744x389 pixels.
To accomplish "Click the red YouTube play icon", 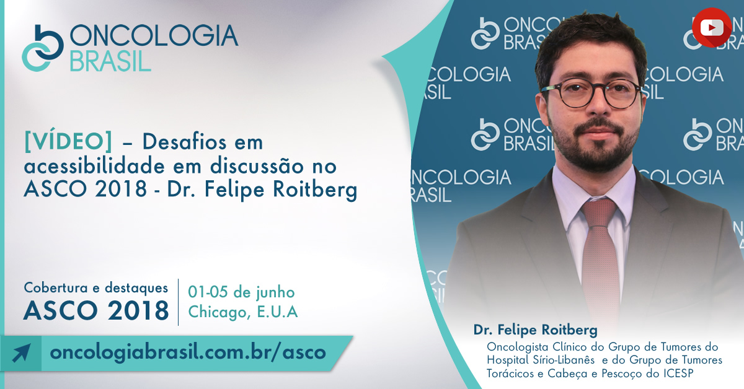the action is tap(712, 27).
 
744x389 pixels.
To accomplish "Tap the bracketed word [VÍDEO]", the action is tap(68, 142).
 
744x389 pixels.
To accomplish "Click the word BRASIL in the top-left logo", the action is tap(110, 61).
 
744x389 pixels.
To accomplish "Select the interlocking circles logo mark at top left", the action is tap(43, 48).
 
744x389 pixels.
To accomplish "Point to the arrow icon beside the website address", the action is tap(21, 353).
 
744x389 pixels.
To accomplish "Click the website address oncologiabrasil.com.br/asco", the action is tap(188, 352).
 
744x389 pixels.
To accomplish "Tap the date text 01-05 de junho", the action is tap(241, 292).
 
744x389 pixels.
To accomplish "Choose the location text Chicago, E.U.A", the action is tap(243, 312).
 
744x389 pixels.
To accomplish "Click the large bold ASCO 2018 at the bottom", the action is tap(96, 311).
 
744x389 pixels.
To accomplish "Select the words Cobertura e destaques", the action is tap(96, 288).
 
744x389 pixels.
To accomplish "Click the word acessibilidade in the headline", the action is tap(94, 166).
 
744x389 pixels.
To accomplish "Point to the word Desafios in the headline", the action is tap(185, 142).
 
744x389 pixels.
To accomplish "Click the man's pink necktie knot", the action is tap(599, 212).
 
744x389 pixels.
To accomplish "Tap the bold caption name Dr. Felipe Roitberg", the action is tap(536, 330).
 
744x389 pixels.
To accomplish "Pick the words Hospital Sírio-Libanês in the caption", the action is tap(541, 360).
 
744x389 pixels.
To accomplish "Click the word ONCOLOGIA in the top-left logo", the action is tap(154, 35).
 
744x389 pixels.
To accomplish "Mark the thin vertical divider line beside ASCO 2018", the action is tap(179, 302).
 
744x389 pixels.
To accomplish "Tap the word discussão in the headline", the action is tap(257, 166).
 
